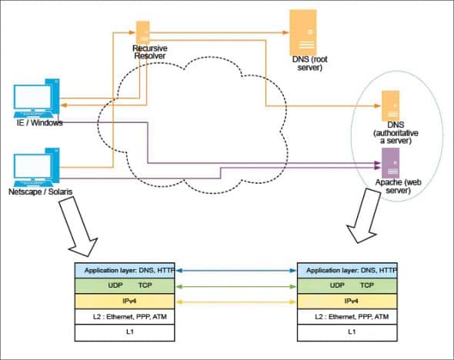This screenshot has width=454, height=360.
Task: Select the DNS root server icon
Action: click(302, 31)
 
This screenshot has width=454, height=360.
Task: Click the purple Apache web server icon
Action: click(391, 162)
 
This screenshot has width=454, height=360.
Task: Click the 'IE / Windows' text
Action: click(39, 123)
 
